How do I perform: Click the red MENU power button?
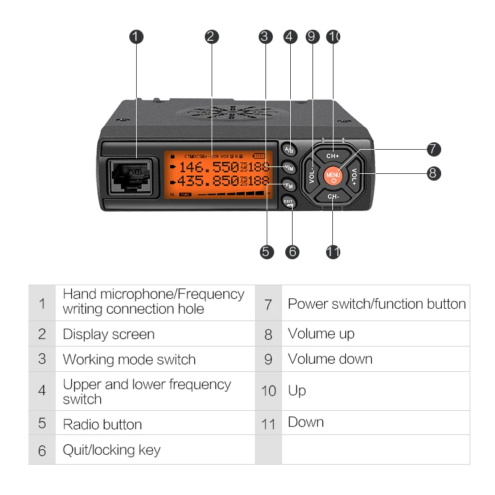pyautogui.click(x=333, y=176)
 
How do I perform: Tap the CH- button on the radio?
pyautogui.click(x=333, y=197)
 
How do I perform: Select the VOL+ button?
pyautogui.click(x=355, y=176)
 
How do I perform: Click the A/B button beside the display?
pyautogui.click(x=289, y=150)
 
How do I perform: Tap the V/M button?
pyautogui.click(x=289, y=168)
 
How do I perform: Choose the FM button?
pyautogui.click(x=289, y=185)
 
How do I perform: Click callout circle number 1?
pyautogui.click(x=137, y=37)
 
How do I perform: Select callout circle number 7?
pyautogui.click(x=434, y=149)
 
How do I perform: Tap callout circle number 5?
pyautogui.click(x=267, y=251)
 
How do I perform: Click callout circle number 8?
pyautogui.click(x=434, y=173)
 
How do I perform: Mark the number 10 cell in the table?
pyautogui.click(x=268, y=391)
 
